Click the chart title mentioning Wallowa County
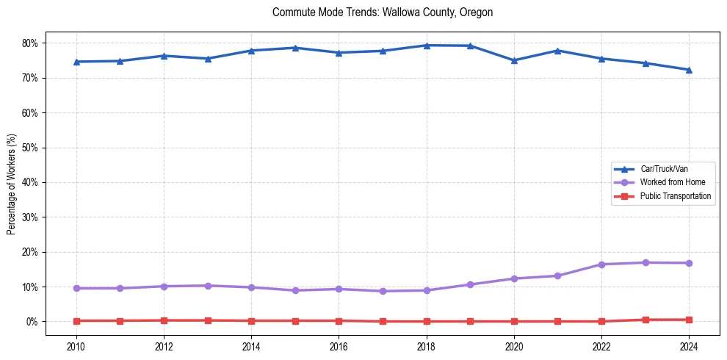(382, 12)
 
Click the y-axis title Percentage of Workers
(11, 184)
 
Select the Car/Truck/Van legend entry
(663, 169)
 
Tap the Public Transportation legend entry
(675, 196)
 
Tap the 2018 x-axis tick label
(427, 346)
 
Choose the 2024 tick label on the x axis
(689, 346)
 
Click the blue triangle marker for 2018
(427, 46)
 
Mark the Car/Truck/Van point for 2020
(514, 60)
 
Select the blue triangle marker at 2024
(689, 70)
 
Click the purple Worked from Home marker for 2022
(601, 264)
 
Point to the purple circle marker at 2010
(76, 288)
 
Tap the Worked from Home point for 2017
(383, 291)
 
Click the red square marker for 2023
(645, 320)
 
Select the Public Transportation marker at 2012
(164, 320)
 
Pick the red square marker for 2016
(339, 320)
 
